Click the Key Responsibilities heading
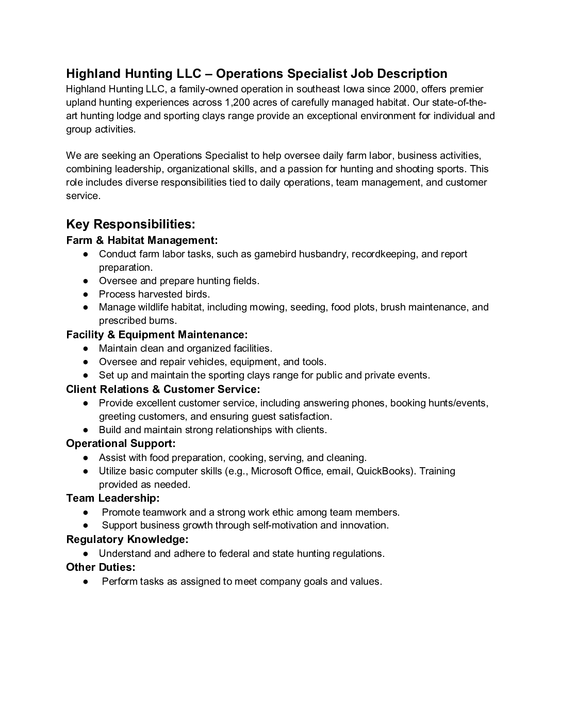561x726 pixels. pos(130,224)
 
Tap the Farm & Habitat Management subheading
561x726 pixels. pos(142,240)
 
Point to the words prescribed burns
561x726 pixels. pos(138,321)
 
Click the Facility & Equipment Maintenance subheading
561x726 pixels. pos(157,335)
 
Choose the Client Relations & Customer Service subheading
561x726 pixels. pos(163,389)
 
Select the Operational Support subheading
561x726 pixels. pos(121,443)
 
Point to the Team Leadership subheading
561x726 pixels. pos(112,498)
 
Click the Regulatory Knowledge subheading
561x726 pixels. pos(127,539)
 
